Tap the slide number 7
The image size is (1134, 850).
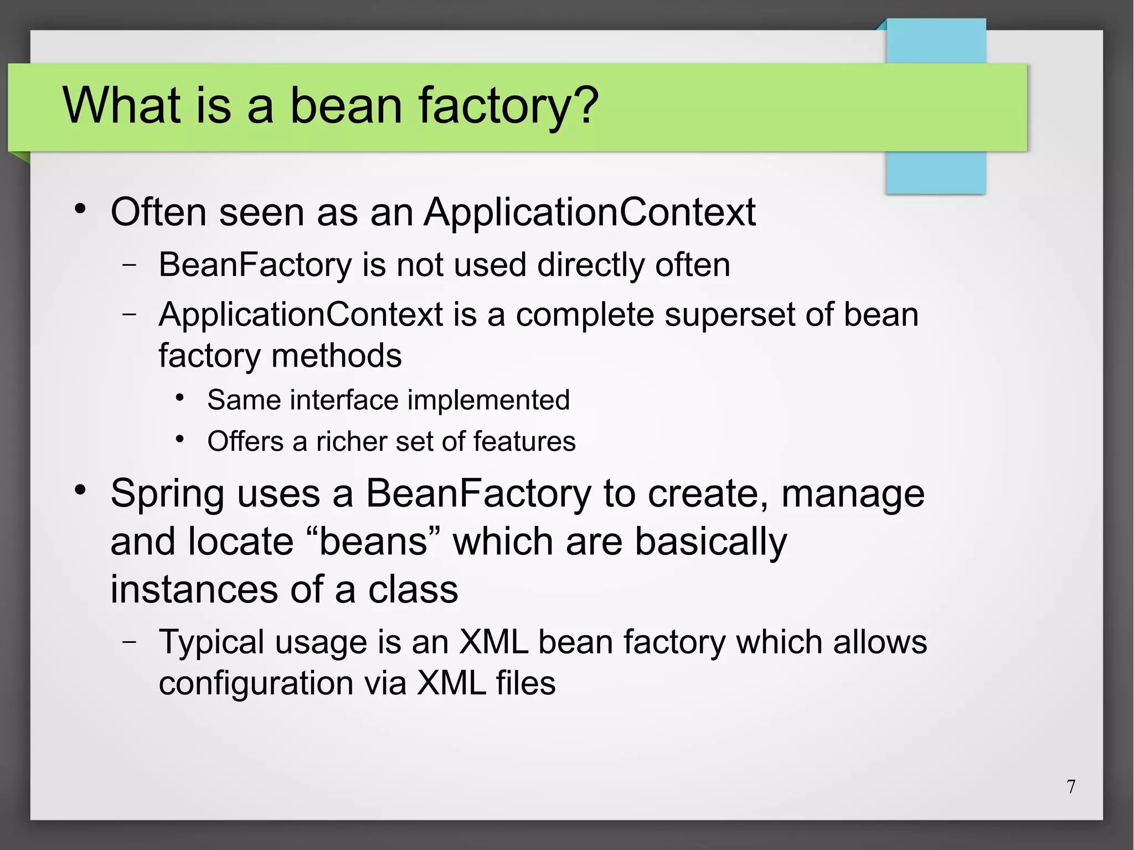pyautogui.click(x=1071, y=786)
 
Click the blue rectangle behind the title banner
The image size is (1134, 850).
pyautogui.click(x=936, y=172)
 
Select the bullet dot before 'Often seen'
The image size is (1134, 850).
pyautogui.click(x=81, y=209)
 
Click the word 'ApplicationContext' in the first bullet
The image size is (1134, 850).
pyautogui.click(x=590, y=212)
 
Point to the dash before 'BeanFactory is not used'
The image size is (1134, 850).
pyautogui.click(x=130, y=265)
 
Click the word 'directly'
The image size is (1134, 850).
pyautogui.click(x=590, y=265)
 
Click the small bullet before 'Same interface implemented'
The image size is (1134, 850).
pyautogui.click(x=179, y=398)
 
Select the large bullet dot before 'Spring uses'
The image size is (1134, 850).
pyautogui.click(x=81, y=490)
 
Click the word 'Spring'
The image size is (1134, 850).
pyautogui.click(x=168, y=493)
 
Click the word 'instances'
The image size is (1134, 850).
pyautogui.click(x=194, y=589)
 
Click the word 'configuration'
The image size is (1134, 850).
pyautogui.click(x=255, y=683)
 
